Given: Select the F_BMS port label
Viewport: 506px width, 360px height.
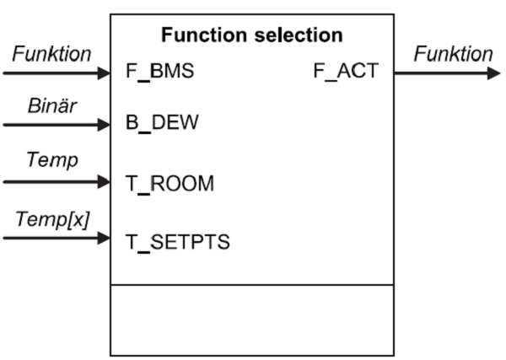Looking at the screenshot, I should coord(159,72).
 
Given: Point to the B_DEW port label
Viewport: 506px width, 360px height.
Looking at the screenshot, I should coord(163,125).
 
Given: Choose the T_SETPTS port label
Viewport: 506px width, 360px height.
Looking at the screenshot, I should coord(177,240).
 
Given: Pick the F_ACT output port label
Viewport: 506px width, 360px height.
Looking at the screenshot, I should coord(346,72).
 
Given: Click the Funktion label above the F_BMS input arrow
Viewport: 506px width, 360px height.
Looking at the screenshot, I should coord(51,54).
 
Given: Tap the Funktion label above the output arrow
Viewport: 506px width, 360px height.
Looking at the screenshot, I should coord(453,54).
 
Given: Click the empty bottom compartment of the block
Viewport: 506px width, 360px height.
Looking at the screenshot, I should coord(252,320).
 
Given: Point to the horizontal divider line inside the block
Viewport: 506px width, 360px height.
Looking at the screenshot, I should coord(252,285).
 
